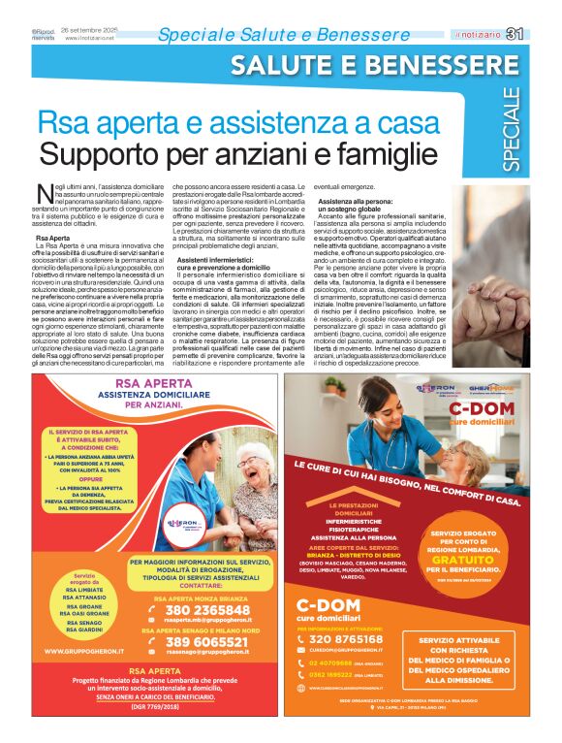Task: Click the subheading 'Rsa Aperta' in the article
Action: (x=52, y=238)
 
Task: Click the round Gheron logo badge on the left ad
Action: (x=184, y=524)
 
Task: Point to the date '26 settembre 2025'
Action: (x=88, y=32)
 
